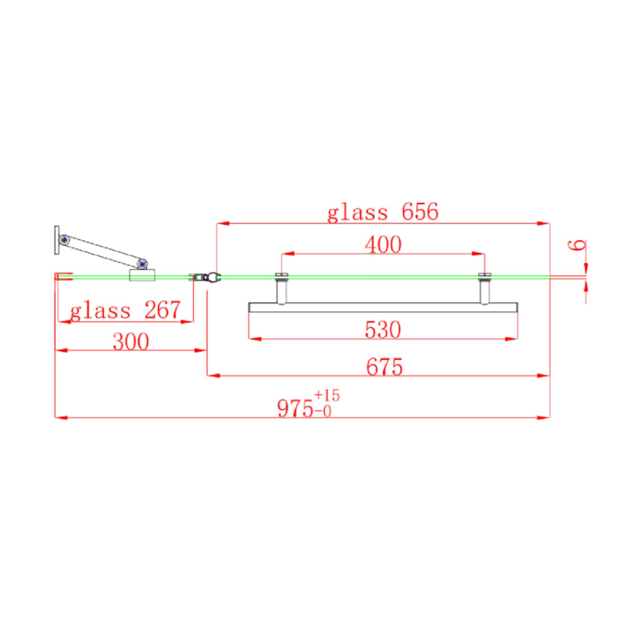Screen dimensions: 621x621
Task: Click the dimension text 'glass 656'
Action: (383, 211)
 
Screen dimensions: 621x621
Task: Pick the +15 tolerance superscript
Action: (326, 395)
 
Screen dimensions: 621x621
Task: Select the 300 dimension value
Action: (130, 342)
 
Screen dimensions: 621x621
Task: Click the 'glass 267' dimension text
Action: (124, 310)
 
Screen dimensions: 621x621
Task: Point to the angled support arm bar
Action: (103, 252)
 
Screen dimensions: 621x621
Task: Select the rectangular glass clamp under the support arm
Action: (144, 276)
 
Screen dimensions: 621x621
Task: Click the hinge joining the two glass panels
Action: (206, 277)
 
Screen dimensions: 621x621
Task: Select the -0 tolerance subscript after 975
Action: (324, 411)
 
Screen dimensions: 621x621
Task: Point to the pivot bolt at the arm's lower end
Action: (142, 264)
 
